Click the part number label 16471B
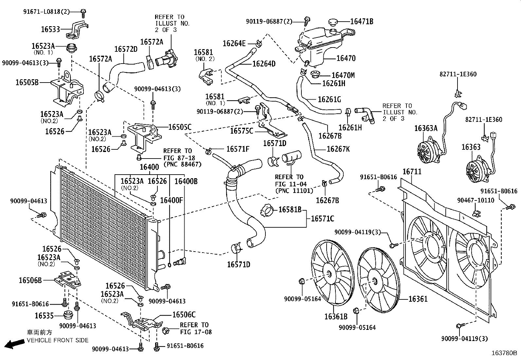(x=362, y=22)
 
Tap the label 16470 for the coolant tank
(x=346, y=58)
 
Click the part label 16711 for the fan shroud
(x=412, y=172)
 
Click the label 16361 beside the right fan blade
(x=418, y=299)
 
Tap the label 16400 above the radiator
(x=149, y=167)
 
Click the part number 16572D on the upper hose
(x=126, y=49)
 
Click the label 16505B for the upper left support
(x=27, y=82)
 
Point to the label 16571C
(x=322, y=218)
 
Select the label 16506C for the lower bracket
(x=184, y=315)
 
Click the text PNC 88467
(x=182, y=164)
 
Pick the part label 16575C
(x=242, y=131)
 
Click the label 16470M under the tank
(x=343, y=76)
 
